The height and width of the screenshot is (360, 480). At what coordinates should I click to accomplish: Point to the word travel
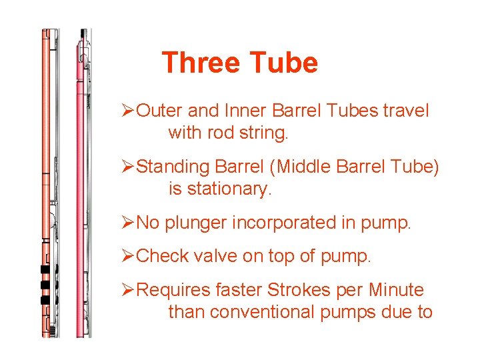406,111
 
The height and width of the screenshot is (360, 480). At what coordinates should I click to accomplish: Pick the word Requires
172,290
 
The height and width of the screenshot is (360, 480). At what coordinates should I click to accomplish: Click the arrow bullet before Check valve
129,257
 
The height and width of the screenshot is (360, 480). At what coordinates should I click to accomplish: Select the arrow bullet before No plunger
129,223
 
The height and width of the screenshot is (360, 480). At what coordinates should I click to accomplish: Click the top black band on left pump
45,270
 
